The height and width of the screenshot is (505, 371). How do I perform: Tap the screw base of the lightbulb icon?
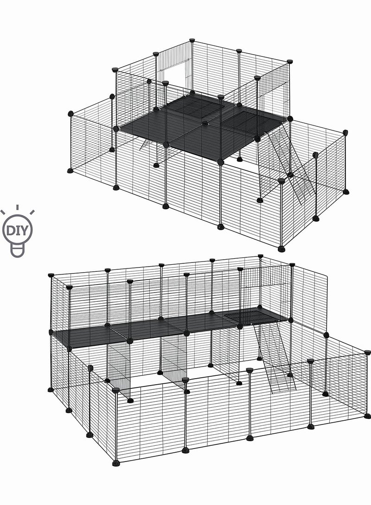point(17,251)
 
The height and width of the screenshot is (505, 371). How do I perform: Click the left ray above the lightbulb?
point(4,212)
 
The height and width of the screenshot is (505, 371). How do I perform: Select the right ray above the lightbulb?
point(31,212)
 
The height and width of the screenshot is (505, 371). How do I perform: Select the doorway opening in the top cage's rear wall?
point(176,76)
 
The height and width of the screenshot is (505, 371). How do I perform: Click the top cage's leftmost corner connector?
point(70,113)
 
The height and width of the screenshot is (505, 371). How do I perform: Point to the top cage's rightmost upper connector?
point(345,132)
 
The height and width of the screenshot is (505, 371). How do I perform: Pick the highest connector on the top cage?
point(192,40)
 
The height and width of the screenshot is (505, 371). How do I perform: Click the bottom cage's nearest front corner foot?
point(115,462)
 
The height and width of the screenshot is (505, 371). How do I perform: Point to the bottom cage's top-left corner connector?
point(51,275)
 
